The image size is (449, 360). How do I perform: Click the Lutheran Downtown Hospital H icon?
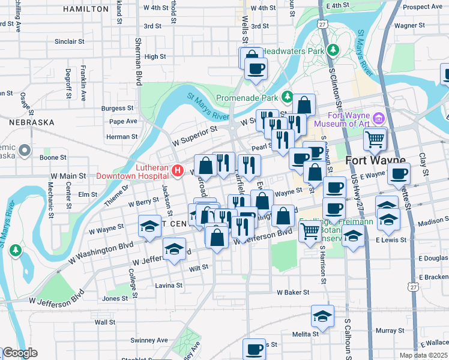click(178, 171)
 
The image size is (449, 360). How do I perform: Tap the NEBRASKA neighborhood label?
click(32, 122)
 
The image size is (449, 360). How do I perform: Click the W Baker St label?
click(293, 292)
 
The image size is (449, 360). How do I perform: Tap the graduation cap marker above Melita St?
click(322, 316)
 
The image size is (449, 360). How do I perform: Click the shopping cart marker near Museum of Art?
click(375, 140)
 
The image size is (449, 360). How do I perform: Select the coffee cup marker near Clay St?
click(399, 174)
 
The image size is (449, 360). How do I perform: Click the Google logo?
click(19, 353)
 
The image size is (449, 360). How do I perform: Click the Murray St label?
click(391, 331)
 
